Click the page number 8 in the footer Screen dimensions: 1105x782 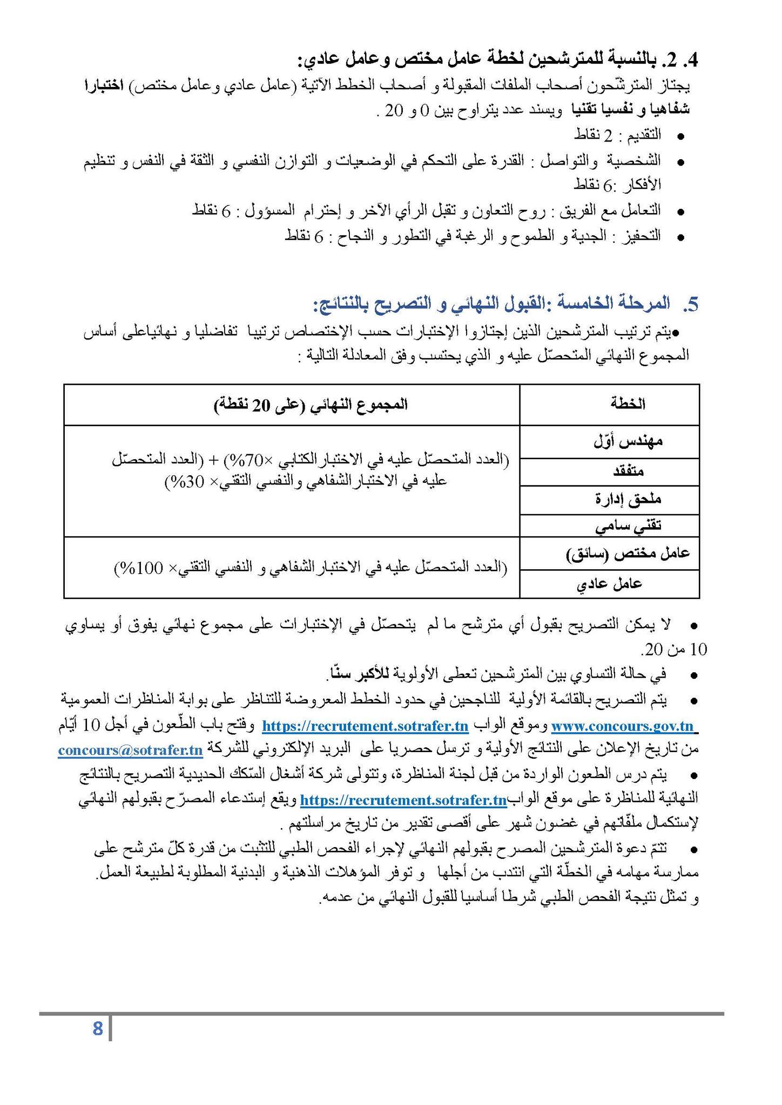[98, 1029]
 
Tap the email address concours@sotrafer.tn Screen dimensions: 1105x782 [130, 751]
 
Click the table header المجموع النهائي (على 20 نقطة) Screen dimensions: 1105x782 [311, 404]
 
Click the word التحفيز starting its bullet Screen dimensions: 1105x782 [645, 236]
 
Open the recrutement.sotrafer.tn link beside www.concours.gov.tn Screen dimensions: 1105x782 [365, 726]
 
